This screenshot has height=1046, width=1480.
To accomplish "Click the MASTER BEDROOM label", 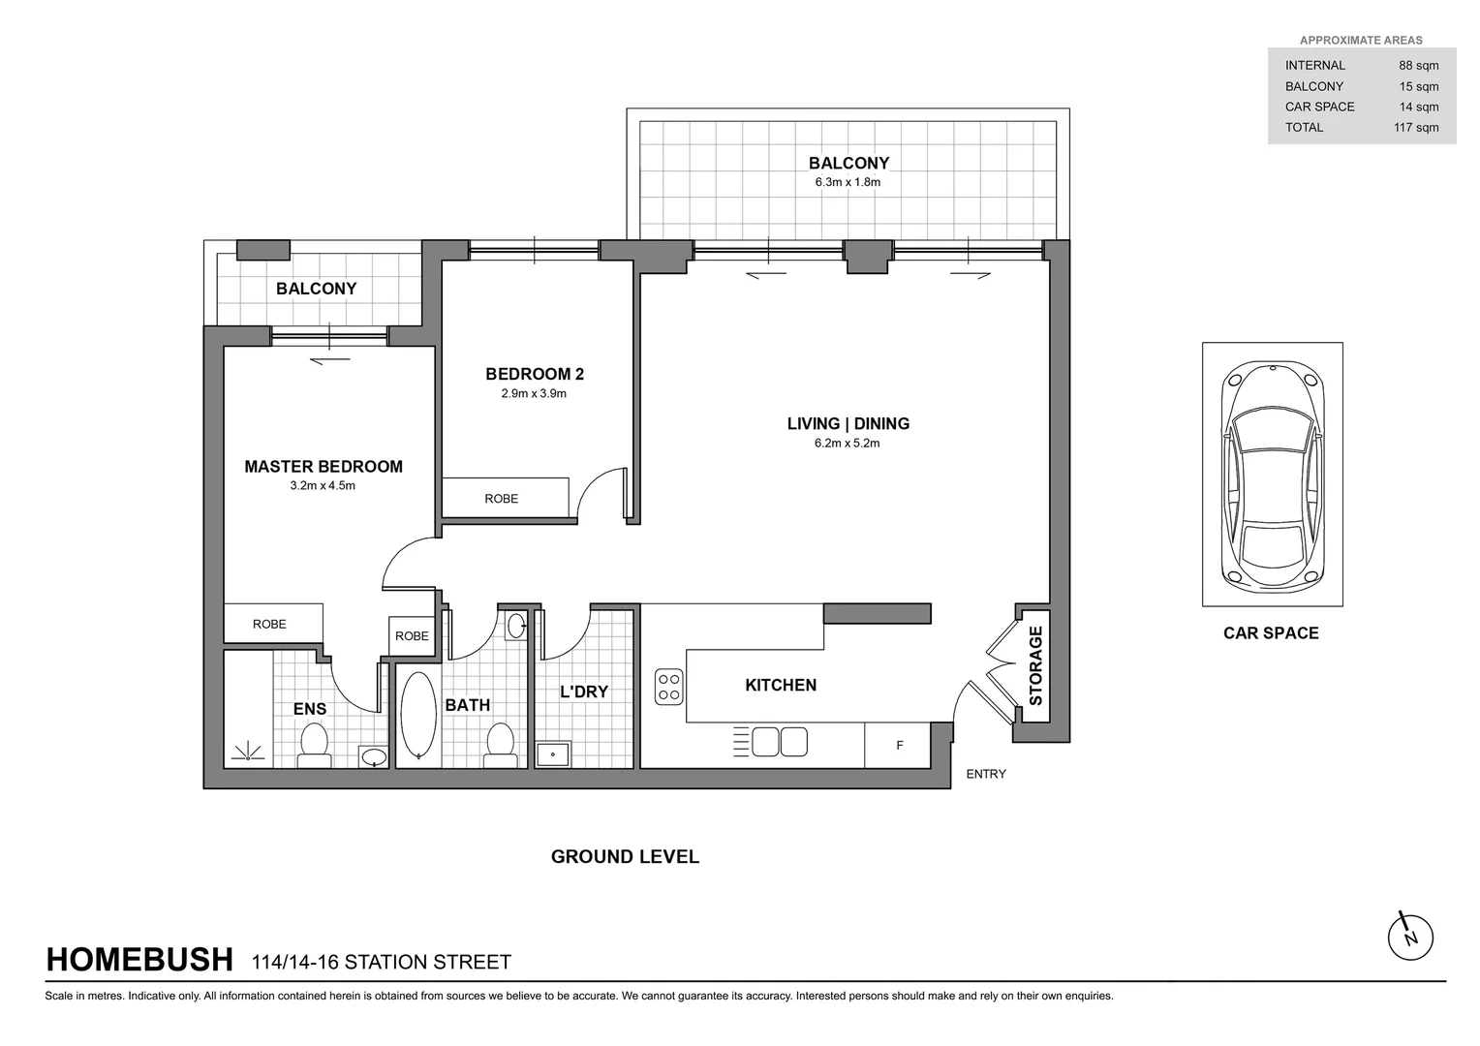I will tap(323, 467).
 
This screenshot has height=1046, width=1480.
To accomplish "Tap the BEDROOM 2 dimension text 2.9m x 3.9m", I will tap(534, 394).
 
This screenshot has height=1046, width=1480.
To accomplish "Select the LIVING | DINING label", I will tap(848, 424).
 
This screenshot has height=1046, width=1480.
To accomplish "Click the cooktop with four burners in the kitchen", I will tap(669, 687).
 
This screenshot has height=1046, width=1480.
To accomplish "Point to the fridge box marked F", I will tap(899, 745).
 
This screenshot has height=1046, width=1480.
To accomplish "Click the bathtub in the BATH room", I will tap(418, 714).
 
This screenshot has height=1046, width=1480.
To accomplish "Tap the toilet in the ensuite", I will tap(314, 745).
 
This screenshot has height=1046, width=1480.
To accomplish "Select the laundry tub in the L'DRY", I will tap(553, 754).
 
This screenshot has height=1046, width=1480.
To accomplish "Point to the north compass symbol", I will tap(1409, 937).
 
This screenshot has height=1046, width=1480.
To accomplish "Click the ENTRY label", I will tap(985, 774).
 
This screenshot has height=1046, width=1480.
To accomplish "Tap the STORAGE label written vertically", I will tap(1035, 665).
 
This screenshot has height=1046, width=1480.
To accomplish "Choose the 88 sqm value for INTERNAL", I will tap(1418, 66).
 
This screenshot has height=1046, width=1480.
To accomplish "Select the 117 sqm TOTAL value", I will tap(1415, 128).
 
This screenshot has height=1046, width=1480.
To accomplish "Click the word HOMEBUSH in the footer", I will tap(139, 960).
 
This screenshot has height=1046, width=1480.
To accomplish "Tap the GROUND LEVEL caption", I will tap(625, 857).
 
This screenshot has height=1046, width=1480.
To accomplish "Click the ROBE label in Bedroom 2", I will tap(501, 499).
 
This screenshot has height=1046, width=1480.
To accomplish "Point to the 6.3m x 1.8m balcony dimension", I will tap(848, 182).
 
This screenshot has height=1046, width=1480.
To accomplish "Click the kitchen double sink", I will tap(780, 742).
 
